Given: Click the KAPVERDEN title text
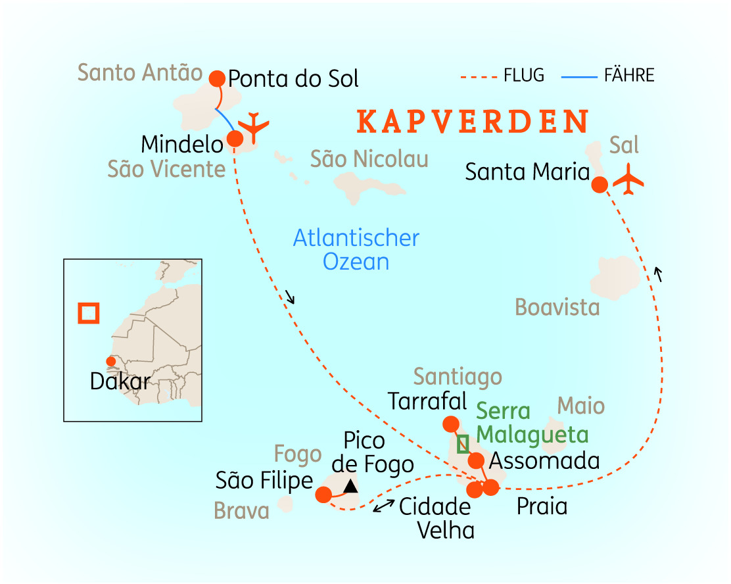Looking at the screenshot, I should [x=473, y=122].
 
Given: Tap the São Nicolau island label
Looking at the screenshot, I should [x=369, y=158].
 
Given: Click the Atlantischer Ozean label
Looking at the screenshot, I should [x=356, y=249].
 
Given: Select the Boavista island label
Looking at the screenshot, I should [x=557, y=307].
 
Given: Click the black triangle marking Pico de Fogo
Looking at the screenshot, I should [x=351, y=486].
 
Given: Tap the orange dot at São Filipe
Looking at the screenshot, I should [x=323, y=495].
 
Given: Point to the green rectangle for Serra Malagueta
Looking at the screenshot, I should [x=463, y=445].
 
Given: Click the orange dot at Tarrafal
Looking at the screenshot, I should [x=451, y=424].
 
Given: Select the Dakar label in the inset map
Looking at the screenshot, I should [x=120, y=381].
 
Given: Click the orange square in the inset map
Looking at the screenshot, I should [x=88, y=312].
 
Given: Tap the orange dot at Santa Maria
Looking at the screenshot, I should [x=600, y=185].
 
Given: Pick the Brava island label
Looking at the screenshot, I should [x=241, y=511].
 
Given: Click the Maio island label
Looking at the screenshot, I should [x=581, y=405].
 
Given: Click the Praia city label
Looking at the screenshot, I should [x=542, y=507].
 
